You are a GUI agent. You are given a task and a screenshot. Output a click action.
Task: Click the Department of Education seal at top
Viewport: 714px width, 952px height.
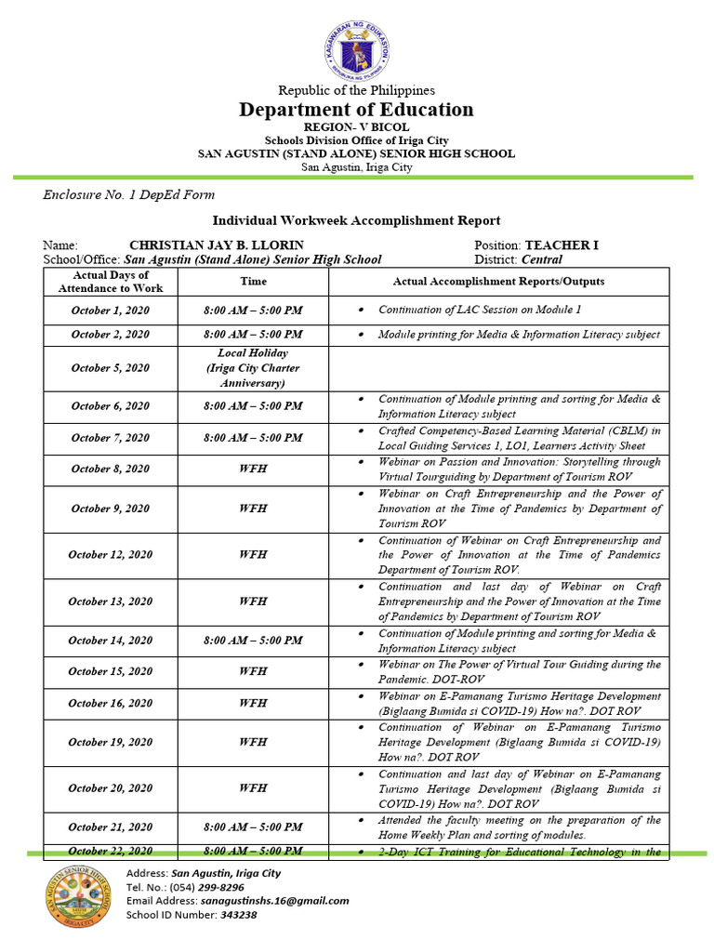(x=357, y=47)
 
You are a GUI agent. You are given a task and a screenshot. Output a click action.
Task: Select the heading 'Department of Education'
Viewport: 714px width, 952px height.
(x=357, y=110)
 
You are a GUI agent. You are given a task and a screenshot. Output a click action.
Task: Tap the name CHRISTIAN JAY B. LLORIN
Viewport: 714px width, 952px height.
(x=217, y=245)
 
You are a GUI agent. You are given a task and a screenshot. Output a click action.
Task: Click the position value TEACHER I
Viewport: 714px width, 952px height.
(x=562, y=245)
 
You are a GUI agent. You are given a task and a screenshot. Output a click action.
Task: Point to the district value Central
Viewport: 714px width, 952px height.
(x=541, y=260)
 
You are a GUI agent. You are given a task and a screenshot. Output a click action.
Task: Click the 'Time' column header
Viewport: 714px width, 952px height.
(x=253, y=282)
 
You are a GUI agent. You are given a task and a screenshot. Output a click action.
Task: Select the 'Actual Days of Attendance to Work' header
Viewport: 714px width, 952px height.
(x=111, y=282)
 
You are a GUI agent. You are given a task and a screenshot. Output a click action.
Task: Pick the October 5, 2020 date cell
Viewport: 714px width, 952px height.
(x=111, y=368)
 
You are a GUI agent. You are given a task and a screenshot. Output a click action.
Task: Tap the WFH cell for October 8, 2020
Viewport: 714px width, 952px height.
(x=253, y=469)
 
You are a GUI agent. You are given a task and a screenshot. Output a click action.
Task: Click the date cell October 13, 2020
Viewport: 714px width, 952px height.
(x=111, y=602)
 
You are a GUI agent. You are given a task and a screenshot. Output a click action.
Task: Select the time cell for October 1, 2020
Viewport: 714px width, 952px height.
(x=253, y=311)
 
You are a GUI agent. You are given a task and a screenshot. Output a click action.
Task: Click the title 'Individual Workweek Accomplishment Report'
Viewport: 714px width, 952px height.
(x=357, y=220)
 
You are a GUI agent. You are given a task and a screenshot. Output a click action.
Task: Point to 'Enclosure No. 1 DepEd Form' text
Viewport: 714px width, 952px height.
(x=129, y=195)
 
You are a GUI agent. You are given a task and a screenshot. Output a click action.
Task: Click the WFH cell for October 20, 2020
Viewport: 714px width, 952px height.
(x=253, y=788)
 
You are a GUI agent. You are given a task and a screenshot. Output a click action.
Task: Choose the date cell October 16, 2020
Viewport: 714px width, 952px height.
(x=111, y=704)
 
